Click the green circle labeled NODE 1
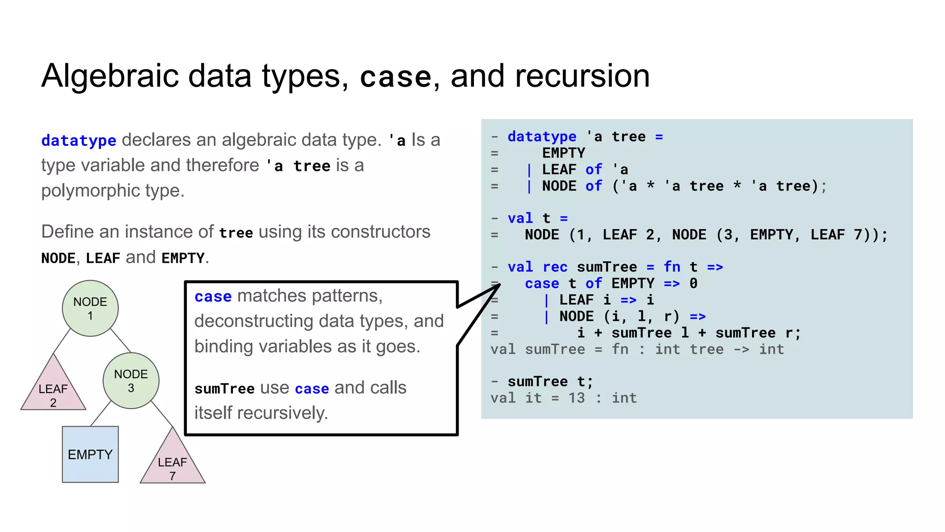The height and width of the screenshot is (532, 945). click(x=90, y=308)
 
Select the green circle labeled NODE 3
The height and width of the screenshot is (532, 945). click(x=131, y=381)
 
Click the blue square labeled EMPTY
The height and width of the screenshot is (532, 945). click(x=90, y=454)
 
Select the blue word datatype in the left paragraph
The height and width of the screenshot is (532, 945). click(x=78, y=140)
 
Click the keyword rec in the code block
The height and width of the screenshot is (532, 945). click(x=555, y=267)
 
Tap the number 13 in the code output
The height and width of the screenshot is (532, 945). click(x=576, y=398)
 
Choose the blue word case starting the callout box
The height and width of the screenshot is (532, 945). click(x=213, y=296)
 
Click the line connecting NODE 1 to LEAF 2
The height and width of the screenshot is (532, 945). click(x=62, y=341)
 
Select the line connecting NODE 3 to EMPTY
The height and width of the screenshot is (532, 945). click(x=101, y=413)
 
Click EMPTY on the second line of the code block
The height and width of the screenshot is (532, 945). click(x=563, y=153)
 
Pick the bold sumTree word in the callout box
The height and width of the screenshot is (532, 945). click(x=224, y=389)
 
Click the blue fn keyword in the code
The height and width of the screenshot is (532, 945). click(x=672, y=267)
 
